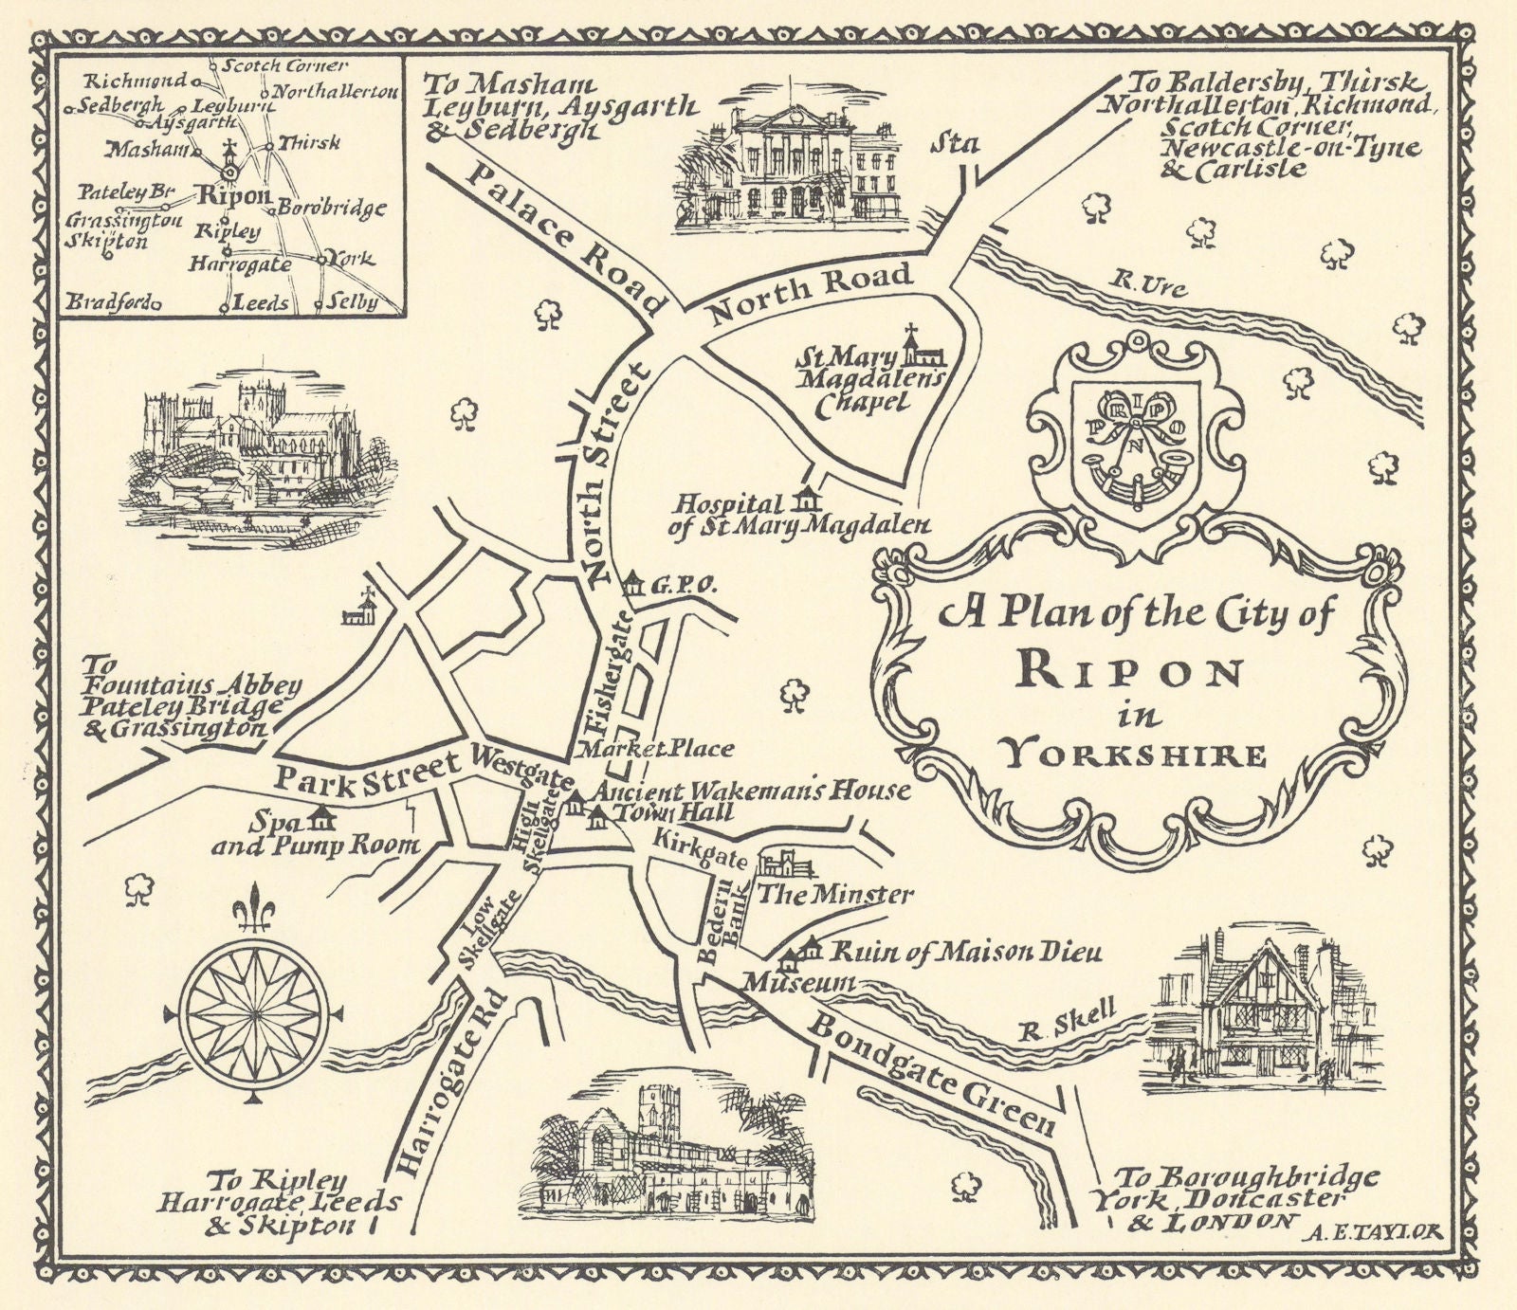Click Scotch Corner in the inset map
click(x=282, y=66)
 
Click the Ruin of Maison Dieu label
click(x=965, y=953)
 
